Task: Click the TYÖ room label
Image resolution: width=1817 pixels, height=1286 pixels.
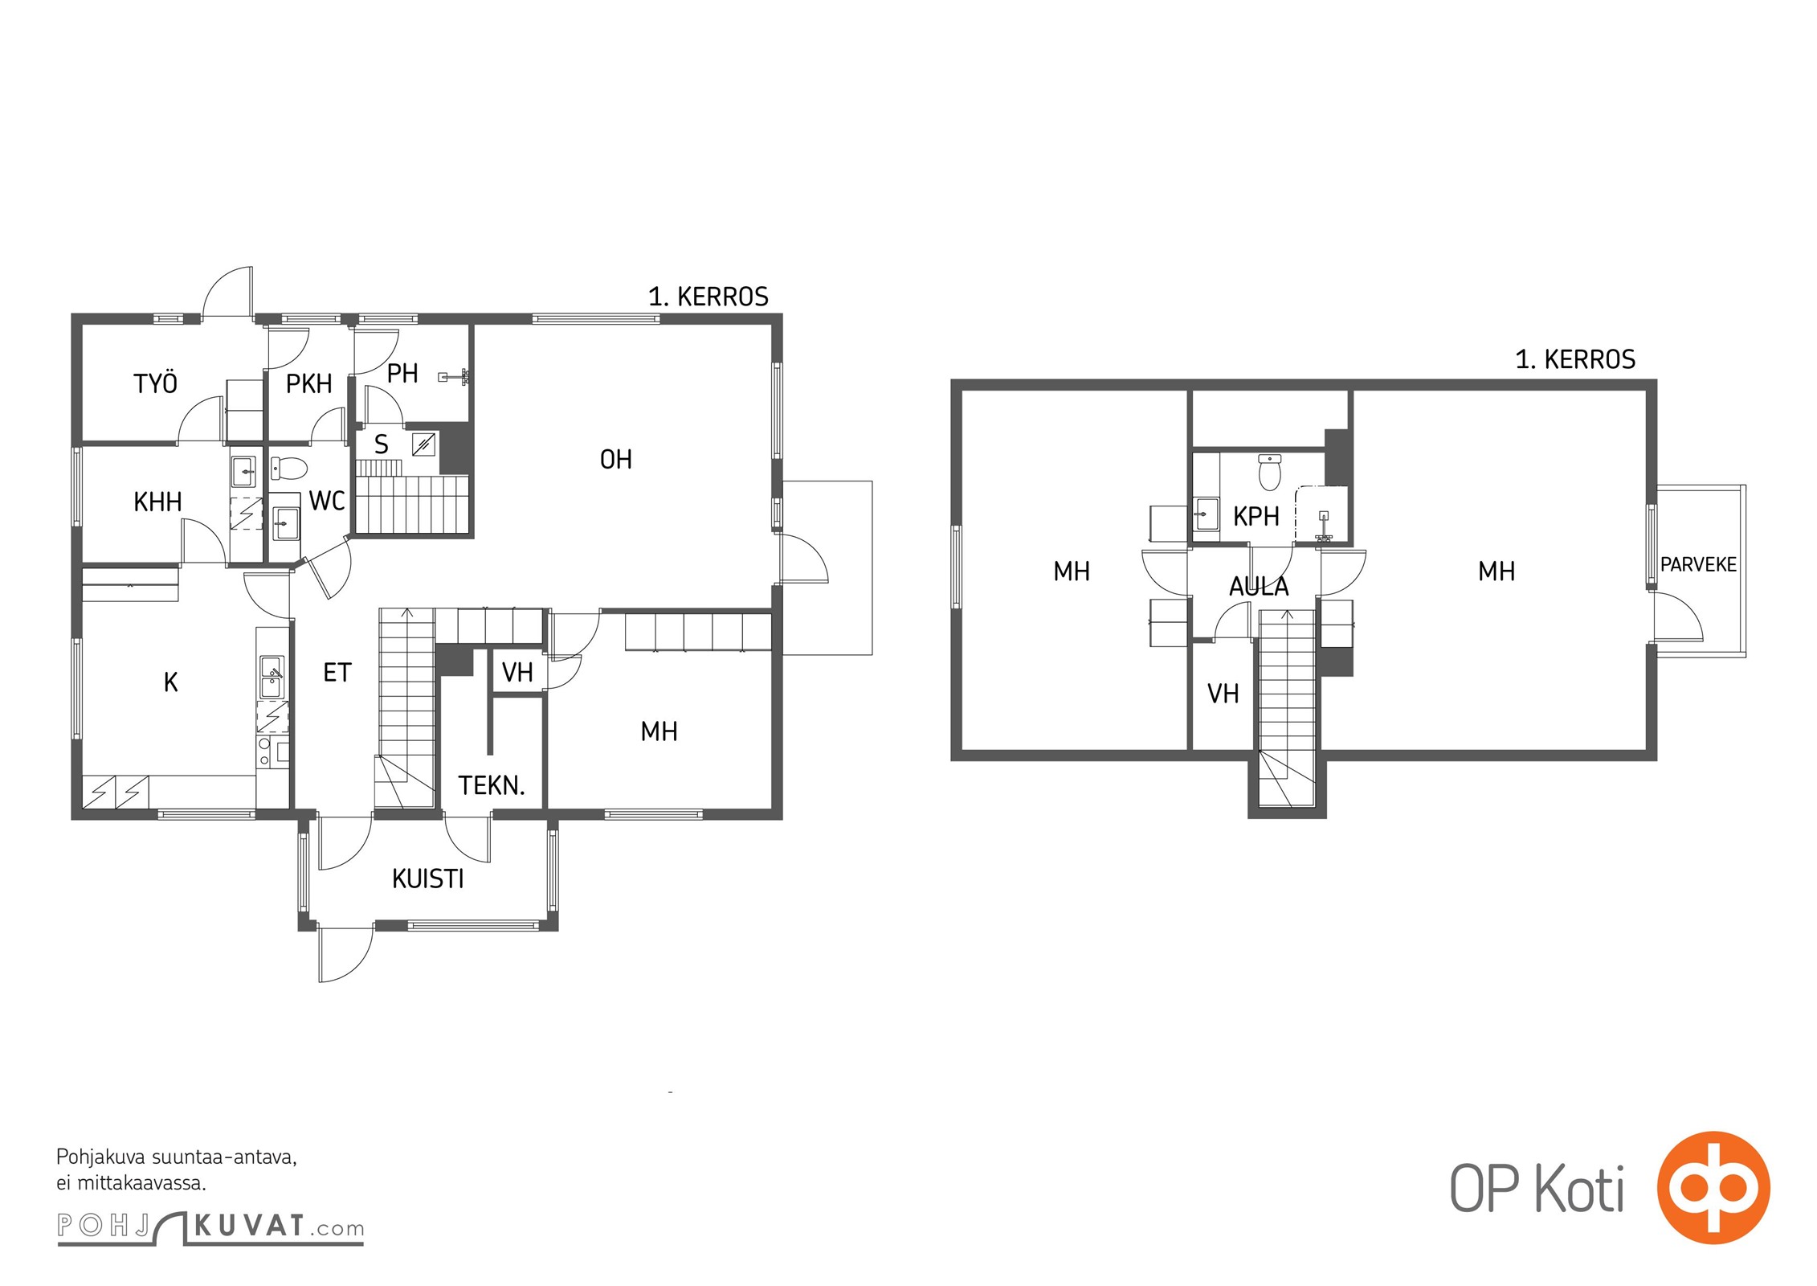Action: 155,383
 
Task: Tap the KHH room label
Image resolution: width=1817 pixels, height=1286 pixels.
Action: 157,502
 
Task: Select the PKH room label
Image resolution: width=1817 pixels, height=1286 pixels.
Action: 309,384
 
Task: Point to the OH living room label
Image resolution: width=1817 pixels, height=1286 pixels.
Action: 616,460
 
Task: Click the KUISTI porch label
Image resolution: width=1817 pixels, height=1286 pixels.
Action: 428,879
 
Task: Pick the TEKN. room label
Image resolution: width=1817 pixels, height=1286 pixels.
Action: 492,785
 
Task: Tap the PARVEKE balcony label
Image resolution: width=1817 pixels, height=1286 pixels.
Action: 1698,565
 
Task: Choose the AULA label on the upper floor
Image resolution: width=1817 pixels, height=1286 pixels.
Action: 1259,587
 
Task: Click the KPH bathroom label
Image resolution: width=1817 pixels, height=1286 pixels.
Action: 1256,517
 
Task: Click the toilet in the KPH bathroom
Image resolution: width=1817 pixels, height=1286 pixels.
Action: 1269,472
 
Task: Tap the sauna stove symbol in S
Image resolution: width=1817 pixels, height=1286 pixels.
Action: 424,444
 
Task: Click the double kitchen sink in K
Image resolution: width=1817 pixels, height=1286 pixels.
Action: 272,677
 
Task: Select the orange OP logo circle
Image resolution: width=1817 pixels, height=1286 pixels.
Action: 1713,1187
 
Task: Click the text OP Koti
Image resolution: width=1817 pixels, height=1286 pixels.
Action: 1537,1189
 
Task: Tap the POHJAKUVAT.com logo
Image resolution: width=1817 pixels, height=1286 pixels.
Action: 210,1228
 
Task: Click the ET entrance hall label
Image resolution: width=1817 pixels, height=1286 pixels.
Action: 337,673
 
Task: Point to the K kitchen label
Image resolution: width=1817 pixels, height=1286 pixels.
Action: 170,682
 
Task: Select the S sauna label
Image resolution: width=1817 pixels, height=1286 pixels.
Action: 382,444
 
